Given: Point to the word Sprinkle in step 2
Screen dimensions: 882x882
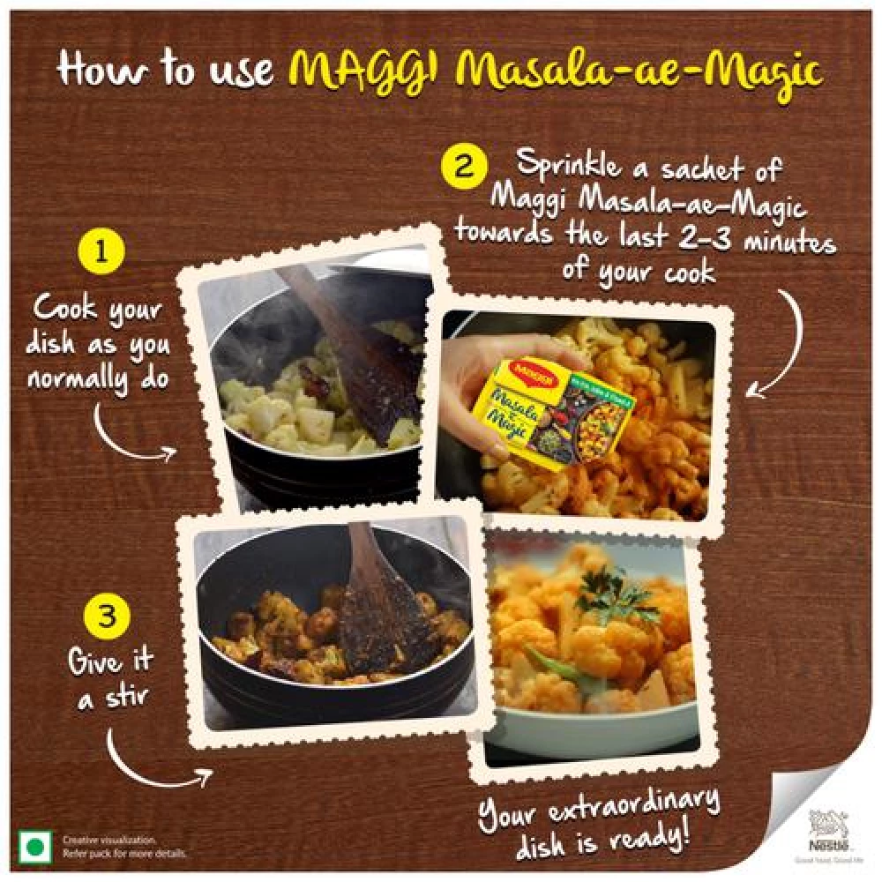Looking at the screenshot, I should pyautogui.click(x=564, y=165).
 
